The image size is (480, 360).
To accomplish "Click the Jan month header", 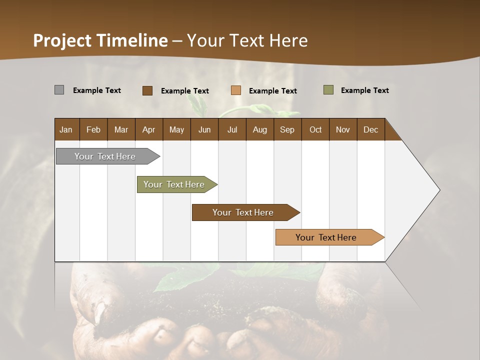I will [66, 129].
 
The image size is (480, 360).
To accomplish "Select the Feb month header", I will [93, 129].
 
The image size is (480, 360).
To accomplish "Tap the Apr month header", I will [148, 129].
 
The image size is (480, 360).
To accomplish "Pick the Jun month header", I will [204, 129].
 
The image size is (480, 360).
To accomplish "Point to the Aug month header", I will [259, 129].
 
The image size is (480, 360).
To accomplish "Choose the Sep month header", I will [287, 129].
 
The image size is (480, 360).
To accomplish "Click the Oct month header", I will [315, 129].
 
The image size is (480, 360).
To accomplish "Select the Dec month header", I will [370, 129].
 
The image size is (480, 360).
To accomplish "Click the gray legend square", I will [59, 90].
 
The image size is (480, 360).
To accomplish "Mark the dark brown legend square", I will [147, 90].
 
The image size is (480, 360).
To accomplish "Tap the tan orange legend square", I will [236, 90].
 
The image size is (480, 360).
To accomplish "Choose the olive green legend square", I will [328, 90].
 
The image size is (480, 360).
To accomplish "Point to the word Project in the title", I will [62, 40].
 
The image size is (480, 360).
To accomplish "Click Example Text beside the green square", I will [364, 90].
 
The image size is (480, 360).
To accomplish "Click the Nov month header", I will [343, 129].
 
